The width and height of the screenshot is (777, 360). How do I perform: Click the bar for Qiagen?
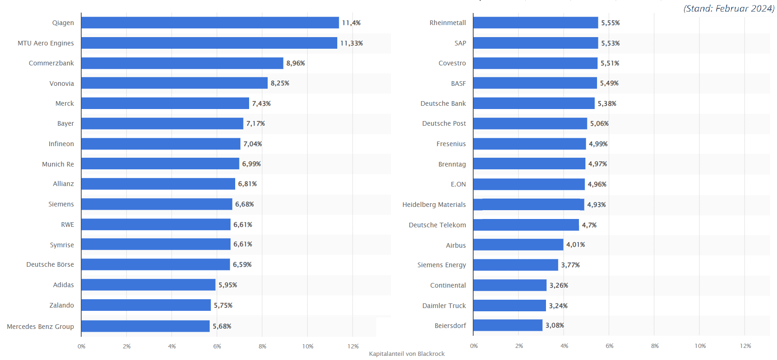click(x=210, y=23)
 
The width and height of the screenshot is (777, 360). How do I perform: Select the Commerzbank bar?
click(x=182, y=63)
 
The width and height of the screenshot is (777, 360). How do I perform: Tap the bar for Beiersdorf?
click(x=508, y=325)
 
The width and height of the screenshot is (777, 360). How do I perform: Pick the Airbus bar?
click(x=518, y=244)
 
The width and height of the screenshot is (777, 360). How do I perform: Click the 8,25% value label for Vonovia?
click(x=280, y=83)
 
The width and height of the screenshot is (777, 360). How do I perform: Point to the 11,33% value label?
click(x=351, y=43)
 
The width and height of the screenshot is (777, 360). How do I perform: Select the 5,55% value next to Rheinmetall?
click(x=610, y=23)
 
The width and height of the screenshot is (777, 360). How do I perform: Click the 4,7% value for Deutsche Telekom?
click(x=589, y=225)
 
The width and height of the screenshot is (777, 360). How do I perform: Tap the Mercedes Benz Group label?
click(x=40, y=326)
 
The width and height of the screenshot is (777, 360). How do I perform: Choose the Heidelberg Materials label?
click(x=434, y=205)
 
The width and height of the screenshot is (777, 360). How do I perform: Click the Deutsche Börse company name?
click(x=50, y=264)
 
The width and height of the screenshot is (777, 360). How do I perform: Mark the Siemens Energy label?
click(x=442, y=265)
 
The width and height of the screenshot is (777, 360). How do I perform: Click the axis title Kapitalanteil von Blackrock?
click(x=407, y=354)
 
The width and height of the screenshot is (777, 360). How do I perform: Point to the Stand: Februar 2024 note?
click(x=729, y=8)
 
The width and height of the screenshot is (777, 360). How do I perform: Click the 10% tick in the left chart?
click(x=308, y=346)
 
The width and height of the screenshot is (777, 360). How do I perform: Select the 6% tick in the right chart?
click(x=610, y=346)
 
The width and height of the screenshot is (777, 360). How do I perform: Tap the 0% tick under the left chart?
click(x=82, y=346)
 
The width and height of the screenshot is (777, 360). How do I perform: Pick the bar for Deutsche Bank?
click(x=534, y=103)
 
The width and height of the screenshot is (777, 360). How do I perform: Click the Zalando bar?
click(x=146, y=305)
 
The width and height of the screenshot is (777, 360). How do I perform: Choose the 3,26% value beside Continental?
click(x=559, y=285)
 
